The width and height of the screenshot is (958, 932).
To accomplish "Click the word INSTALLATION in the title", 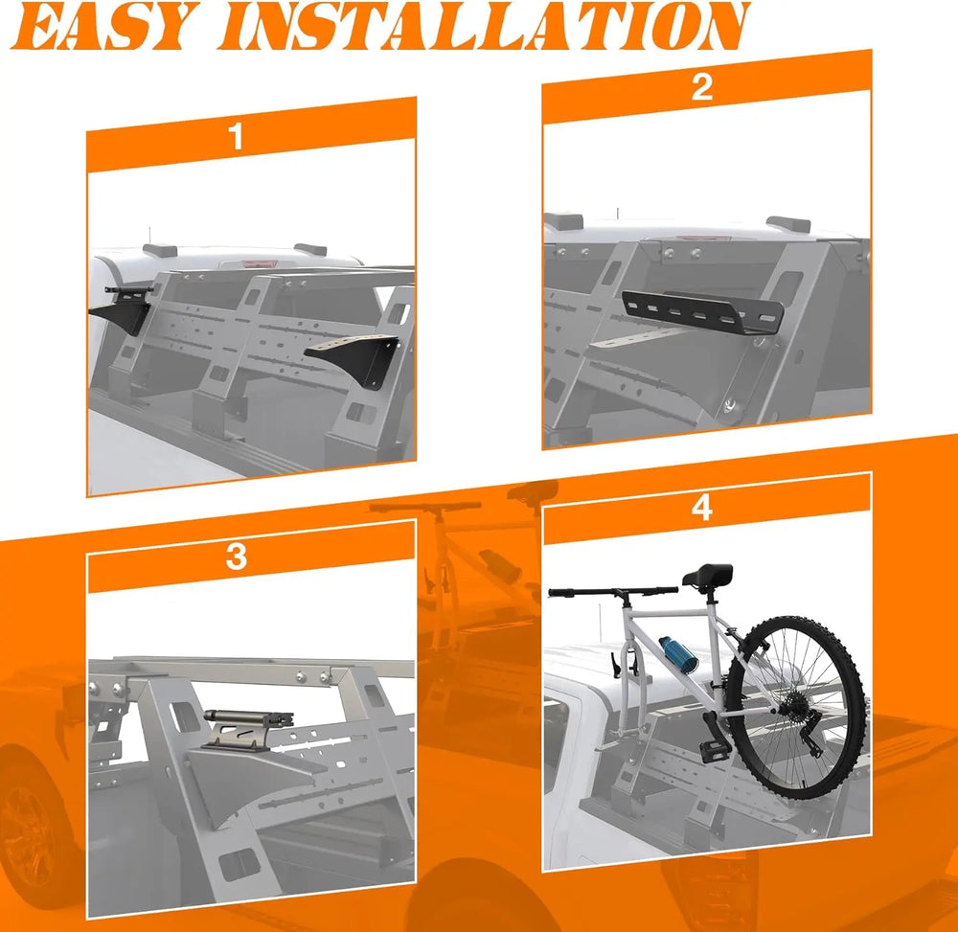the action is (x=484, y=26).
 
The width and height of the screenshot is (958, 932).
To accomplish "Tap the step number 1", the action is (x=237, y=136).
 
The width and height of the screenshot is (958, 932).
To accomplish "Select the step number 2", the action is (x=702, y=87).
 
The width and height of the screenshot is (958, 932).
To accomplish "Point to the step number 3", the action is (x=236, y=556).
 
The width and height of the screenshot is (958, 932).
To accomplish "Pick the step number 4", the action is (x=702, y=508).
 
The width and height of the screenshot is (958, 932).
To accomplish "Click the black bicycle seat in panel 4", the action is (x=708, y=576).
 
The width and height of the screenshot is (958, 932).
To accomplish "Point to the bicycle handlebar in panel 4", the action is (x=613, y=591).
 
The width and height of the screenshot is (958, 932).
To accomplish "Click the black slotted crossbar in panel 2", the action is (x=702, y=314).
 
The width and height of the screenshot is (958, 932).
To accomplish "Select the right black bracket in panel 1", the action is (x=354, y=360).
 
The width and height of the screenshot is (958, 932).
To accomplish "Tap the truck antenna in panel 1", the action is (x=149, y=237).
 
